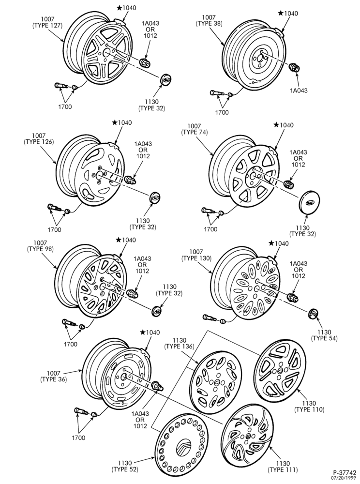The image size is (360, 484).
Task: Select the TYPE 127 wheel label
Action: coord(47,26)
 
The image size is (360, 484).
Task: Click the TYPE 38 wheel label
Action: coord(209,23)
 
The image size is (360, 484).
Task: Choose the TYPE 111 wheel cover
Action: coord(248,436)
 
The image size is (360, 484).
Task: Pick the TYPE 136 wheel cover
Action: coord(215,382)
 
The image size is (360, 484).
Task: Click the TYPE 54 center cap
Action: coord(313,314)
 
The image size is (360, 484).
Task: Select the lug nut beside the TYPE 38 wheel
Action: coord(295,67)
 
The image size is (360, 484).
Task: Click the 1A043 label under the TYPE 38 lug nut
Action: coord(298,91)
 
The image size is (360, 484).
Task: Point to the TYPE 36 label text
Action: coord(53,379)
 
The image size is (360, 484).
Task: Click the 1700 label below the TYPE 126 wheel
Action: coord(54,229)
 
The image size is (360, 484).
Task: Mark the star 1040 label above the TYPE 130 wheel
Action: coord(279,243)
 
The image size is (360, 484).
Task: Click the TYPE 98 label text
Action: coord(40,249)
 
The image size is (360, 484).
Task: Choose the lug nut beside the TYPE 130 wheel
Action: coord(292,298)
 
